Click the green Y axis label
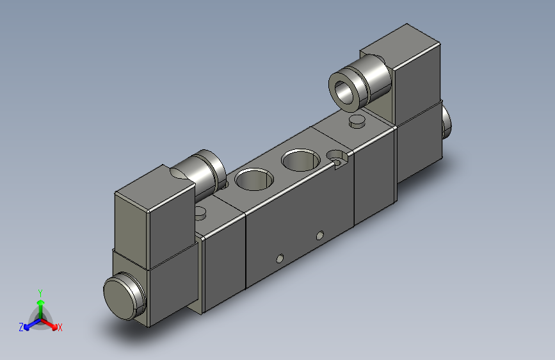click(40, 291)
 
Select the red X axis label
click(60, 327)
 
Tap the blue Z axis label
click(21, 327)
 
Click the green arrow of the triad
click(40, 303)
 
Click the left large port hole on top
click(252, 179)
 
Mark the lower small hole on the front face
click(278, 258)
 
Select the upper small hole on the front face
click(320, 235)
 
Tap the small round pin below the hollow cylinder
click(356, 121)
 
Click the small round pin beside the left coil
click(200, 212)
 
